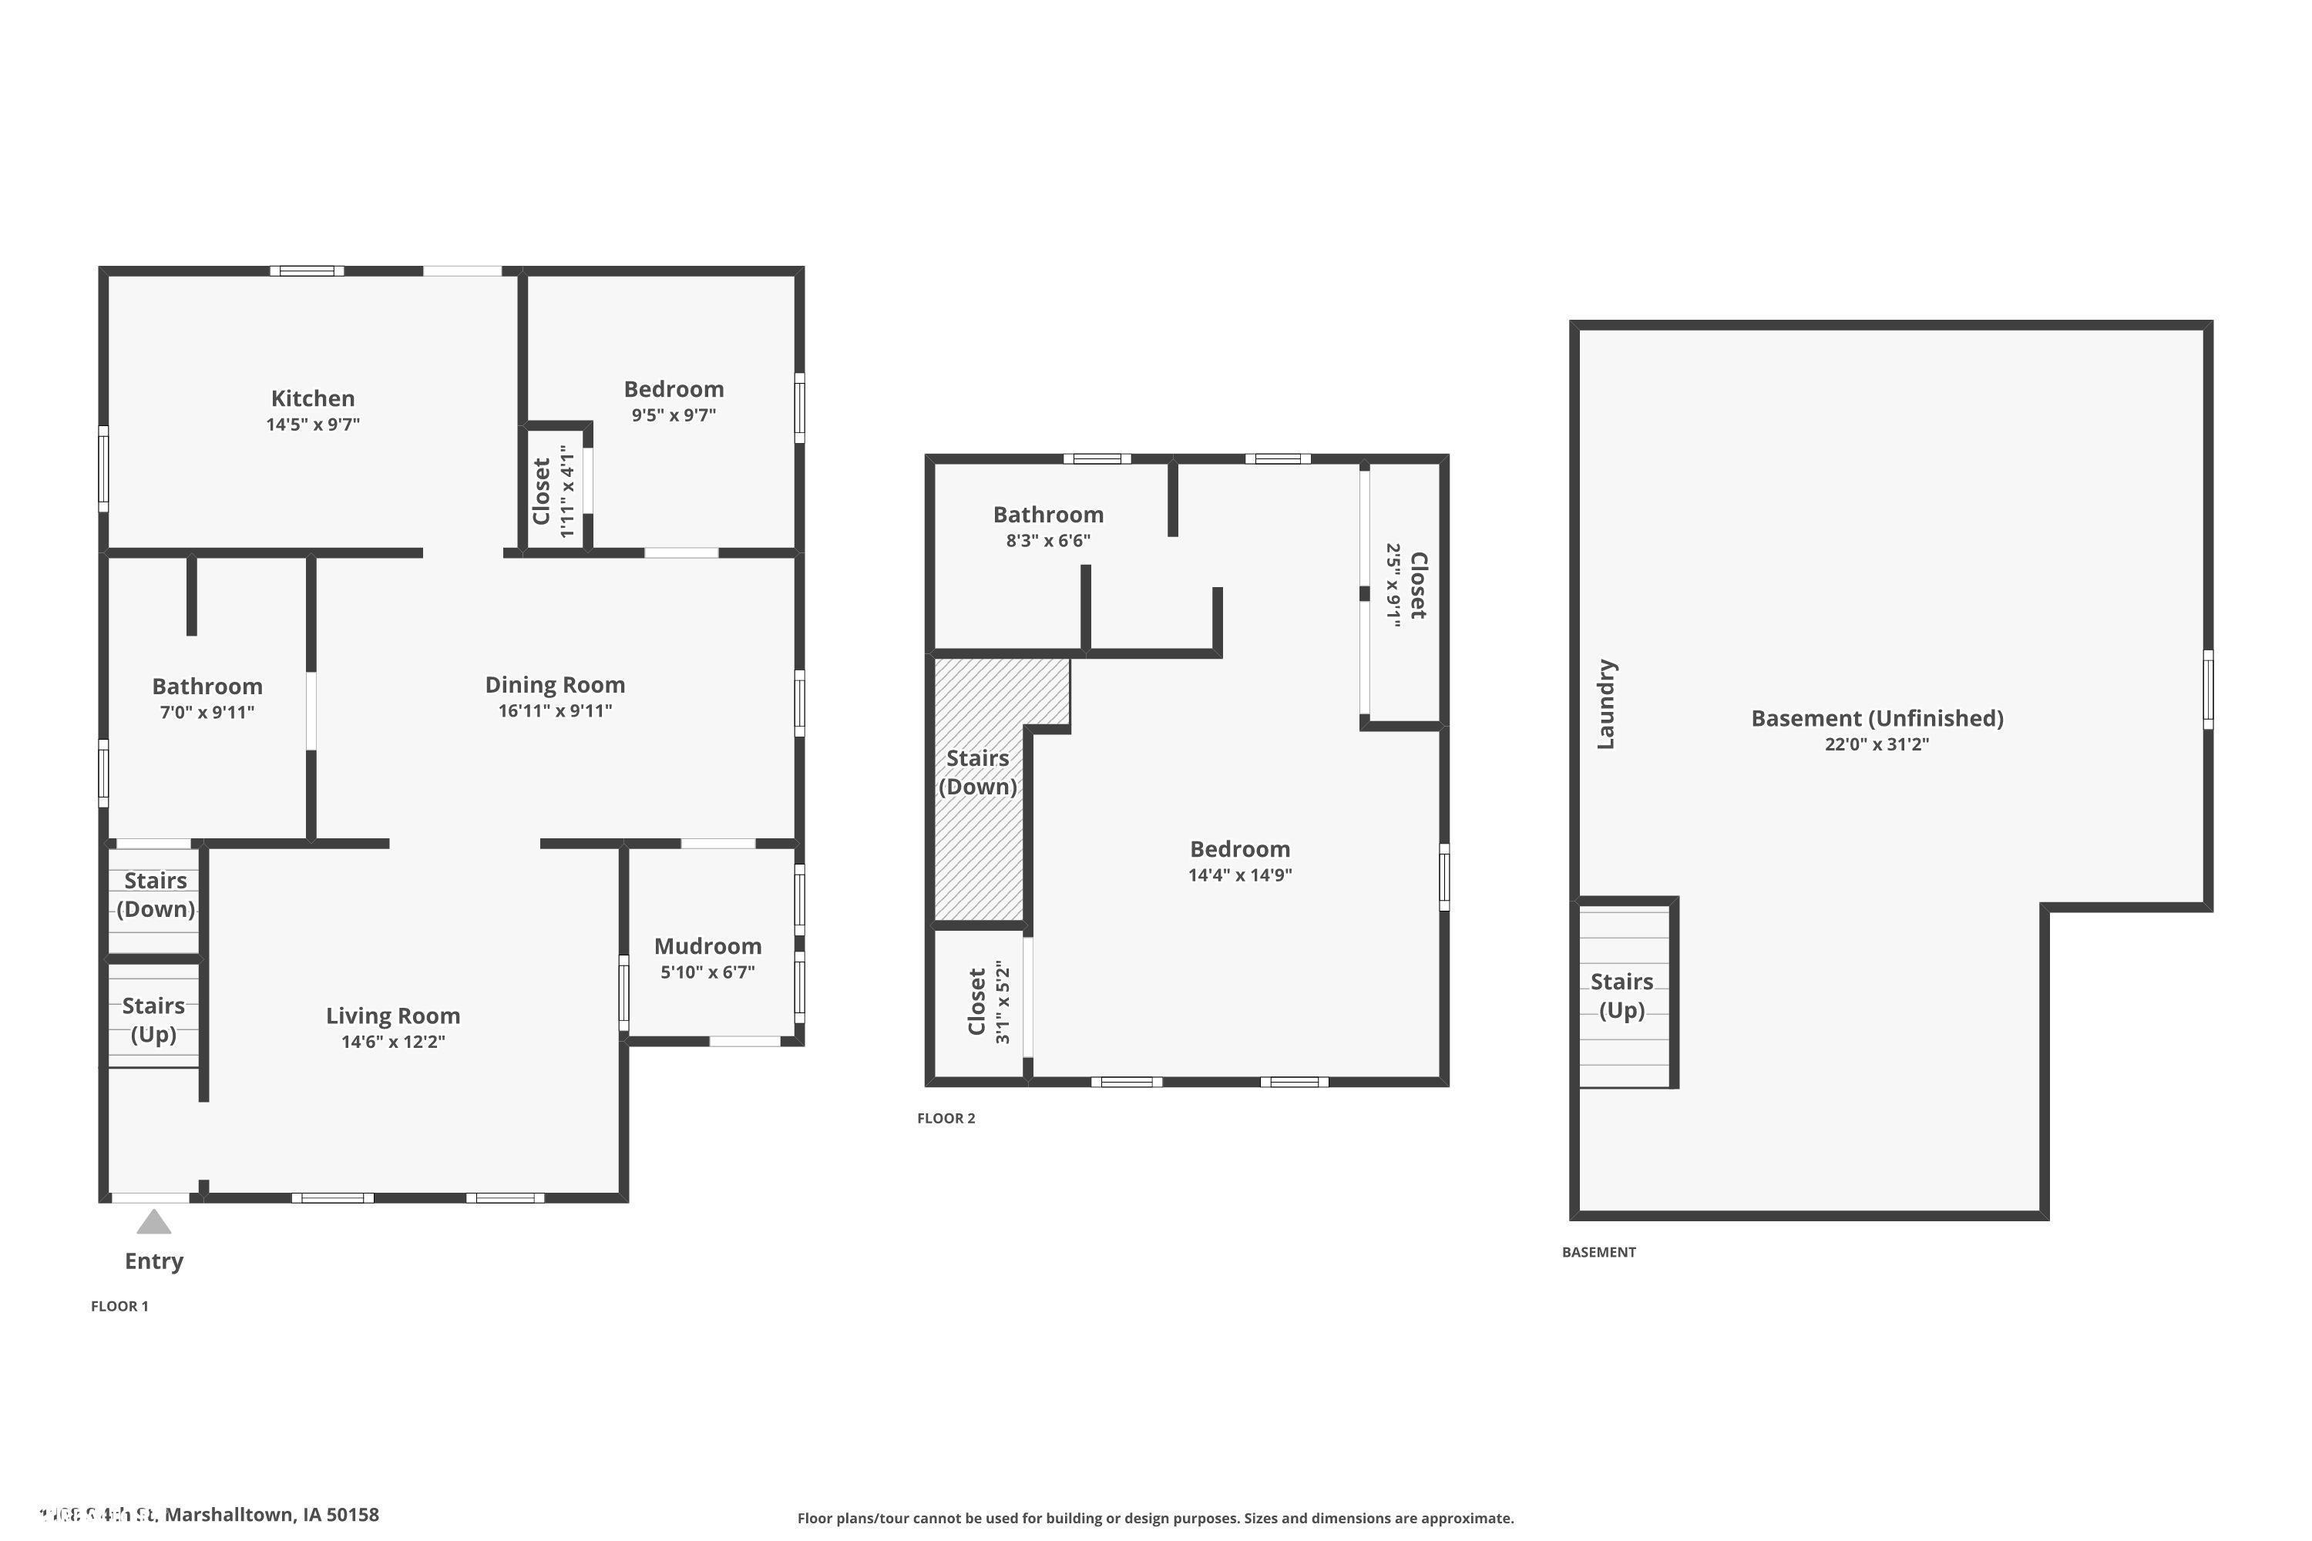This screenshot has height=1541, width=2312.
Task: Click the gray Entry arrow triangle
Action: coord(153,1224)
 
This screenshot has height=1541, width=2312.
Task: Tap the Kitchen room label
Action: coord(313,398)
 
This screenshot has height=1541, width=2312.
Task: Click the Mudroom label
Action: coord(707,945)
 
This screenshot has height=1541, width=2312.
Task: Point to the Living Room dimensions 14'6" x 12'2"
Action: coord(393,1042)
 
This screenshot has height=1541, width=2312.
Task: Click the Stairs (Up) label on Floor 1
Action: coord(153,1019)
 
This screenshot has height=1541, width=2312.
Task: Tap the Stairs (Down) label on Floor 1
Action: coord(156,895)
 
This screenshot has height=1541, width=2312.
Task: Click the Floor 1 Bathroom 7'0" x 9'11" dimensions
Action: coord(207,713)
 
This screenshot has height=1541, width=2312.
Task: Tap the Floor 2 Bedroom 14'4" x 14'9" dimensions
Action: coord(1239,875)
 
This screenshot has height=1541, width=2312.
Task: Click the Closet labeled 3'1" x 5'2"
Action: coord(977,1002)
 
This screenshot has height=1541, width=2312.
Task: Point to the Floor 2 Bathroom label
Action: coord(1048,514)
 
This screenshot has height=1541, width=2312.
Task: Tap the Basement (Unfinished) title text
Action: coord(1877,717)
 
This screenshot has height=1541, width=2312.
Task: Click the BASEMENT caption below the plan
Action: coord(1598,1251)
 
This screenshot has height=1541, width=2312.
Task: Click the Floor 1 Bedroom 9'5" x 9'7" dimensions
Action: coord(674,415)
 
